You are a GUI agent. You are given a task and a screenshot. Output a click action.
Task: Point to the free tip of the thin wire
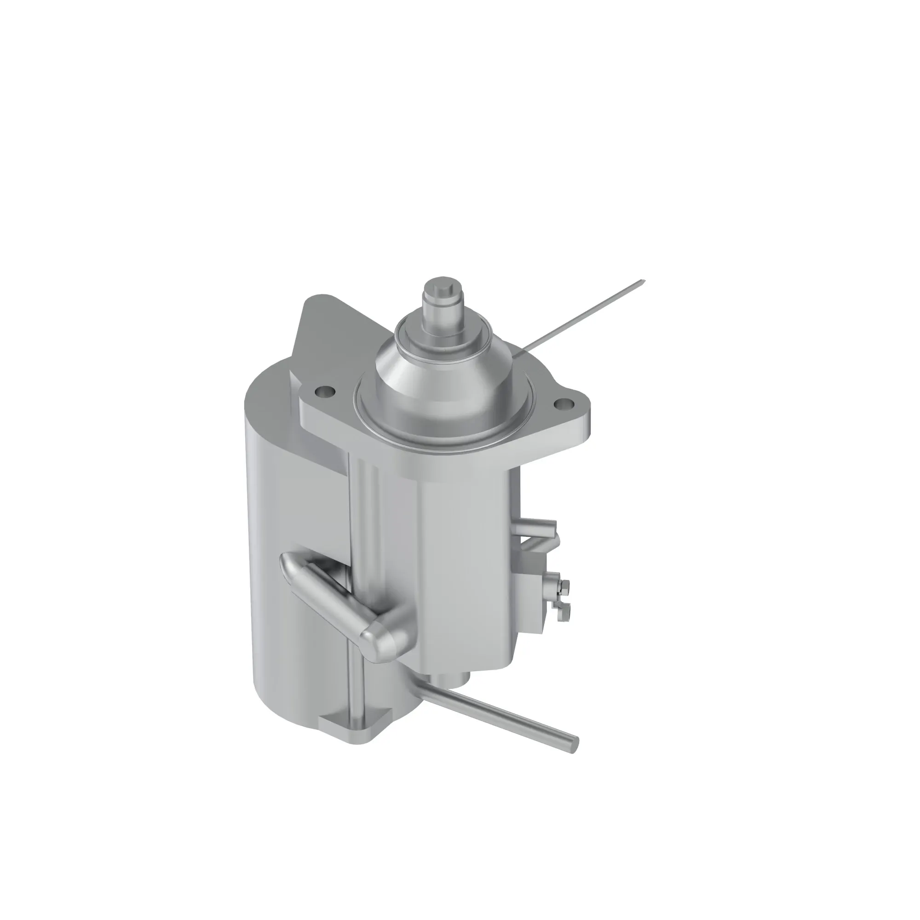pyautogui.click(x=643, y=281)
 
